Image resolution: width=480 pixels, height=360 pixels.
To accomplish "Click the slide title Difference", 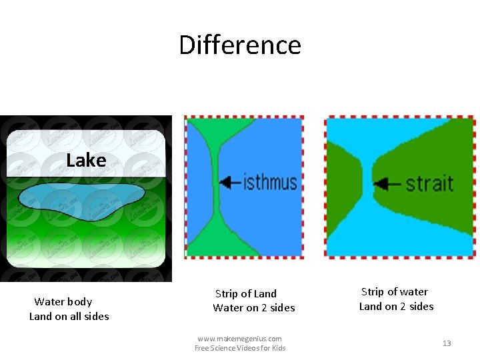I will click(x=240, y=45).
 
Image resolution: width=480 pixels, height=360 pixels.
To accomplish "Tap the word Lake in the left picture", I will click(x=86, y=161).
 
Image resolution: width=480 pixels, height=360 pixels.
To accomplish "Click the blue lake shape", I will click(x=80, y=197).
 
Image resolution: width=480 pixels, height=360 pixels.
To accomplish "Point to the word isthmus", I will click(x=270, y=181).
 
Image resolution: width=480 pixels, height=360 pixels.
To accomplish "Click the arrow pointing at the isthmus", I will click(x=230, y=181).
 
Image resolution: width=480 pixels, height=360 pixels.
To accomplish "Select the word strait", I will click(x=429, y=183).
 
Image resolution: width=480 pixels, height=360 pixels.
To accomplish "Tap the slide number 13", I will click(x=447, y=343).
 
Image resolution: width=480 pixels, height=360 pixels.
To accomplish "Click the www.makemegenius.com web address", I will click(x=239, y=339).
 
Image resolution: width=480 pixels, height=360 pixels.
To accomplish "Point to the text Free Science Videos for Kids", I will click(x=240, y=348).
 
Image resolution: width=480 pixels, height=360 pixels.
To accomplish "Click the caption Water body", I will click(x=63, y=302).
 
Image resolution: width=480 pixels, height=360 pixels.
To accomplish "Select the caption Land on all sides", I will click(x=69, y=317).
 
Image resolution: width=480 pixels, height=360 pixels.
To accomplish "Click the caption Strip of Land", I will click(x=245, y=293).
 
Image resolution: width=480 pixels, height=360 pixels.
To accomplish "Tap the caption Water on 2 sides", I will click(x=253, y=308).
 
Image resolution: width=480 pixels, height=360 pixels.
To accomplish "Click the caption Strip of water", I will click(x=395, y=292).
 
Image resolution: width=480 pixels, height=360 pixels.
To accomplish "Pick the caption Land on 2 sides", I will click(x=396, y=307).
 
